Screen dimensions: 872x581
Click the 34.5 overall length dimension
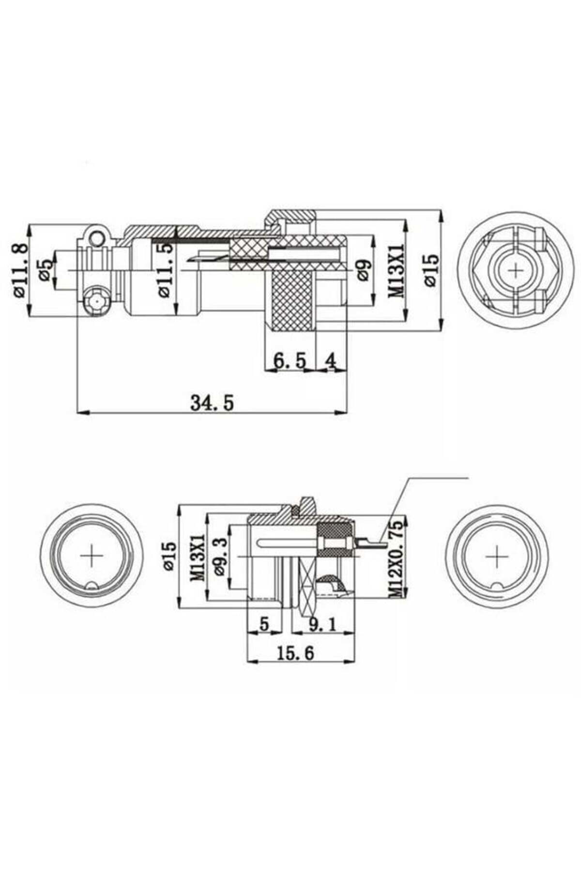pyautogui.click(x=212, y=402)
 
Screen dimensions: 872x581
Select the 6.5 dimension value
pyautogui.click(x=290, y=360)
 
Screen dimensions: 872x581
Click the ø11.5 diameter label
pyautogui.click(x=165, y=269)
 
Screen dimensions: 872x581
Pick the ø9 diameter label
pyautogui.click(x=364, y=270)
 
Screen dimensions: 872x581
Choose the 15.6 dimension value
pyautogui.click(x=295, y=653)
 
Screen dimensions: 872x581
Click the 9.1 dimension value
pyautogui.click(x=322, y=624)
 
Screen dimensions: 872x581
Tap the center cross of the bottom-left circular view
pyautogui.click(x=91, y=556)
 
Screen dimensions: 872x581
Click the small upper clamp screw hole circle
pyautogui.click(x=97, y=237)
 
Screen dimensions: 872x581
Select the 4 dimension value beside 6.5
pyautogui.click(x=331, y=360)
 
